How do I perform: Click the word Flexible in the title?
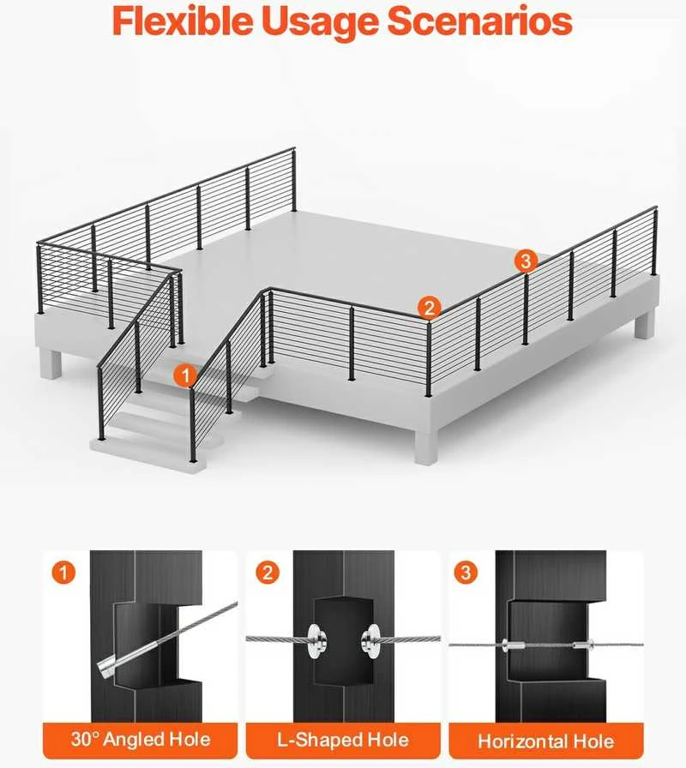[x=183, y=21]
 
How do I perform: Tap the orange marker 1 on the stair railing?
[x=185, y=376]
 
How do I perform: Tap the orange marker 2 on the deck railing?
[x=430, y=308]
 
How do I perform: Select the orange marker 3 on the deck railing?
[x=526, y=261]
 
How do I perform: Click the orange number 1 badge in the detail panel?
[x=63, y=572]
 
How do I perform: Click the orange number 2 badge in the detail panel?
[x=268, y=572]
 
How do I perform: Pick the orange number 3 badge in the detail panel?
[x=466, y=572]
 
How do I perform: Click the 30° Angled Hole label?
[x=140, y=739]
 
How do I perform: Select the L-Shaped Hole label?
[x=343, y=740]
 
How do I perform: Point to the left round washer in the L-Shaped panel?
[x=316, y=640]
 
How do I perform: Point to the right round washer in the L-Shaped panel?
[x=370, y=640]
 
